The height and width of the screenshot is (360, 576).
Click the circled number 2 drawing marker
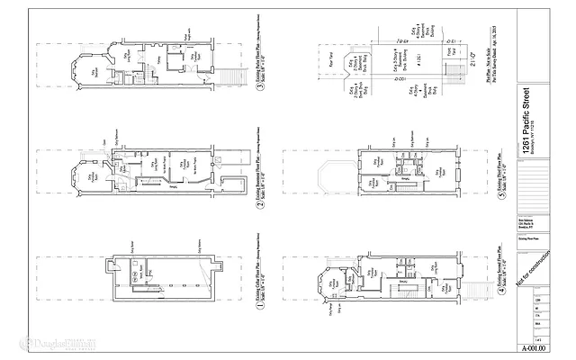pos(257,203)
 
